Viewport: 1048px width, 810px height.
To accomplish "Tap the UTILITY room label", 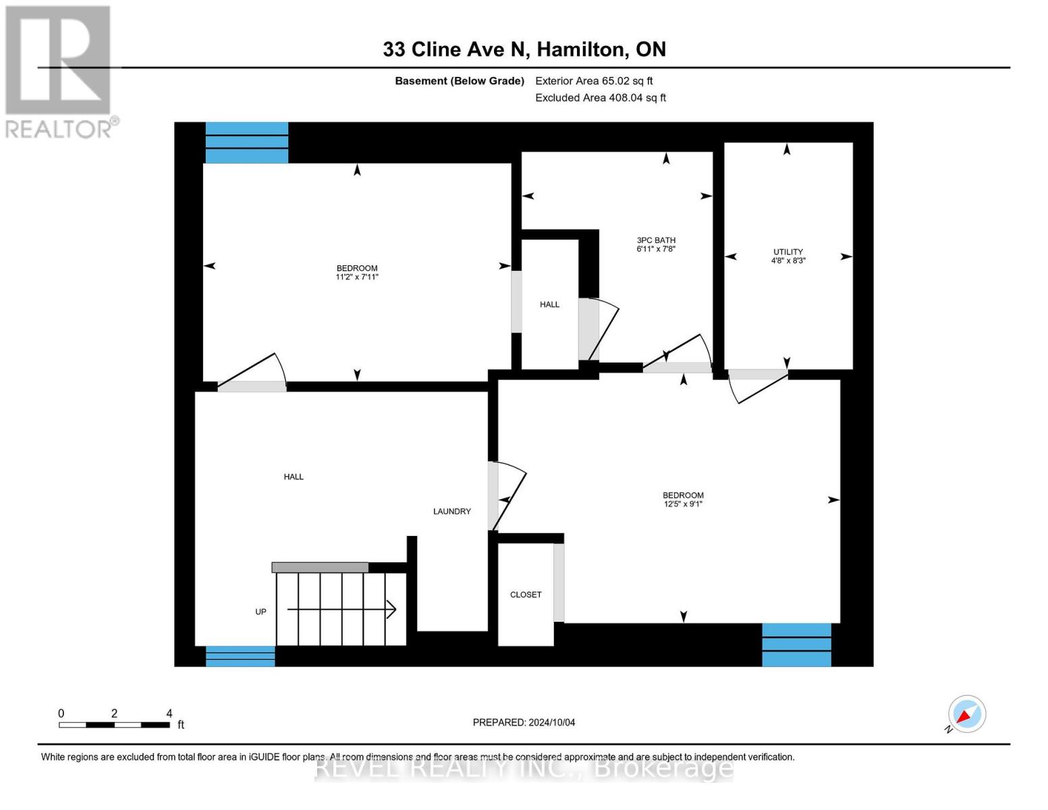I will coord(788,252).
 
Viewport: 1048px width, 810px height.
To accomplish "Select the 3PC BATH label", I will coord(655,240).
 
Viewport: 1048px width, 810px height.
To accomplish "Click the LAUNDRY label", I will coord(451,512).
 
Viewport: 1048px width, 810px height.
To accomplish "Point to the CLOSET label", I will coord(525,595).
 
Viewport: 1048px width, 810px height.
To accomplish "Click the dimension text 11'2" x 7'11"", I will coord(356,277).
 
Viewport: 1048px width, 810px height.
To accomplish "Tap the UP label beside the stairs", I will coord(260,612).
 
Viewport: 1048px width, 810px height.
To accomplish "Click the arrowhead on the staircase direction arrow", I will coord(391,610).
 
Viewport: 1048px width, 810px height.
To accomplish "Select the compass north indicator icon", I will coord(966,714).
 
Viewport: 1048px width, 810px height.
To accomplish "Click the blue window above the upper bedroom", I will coord(246,142).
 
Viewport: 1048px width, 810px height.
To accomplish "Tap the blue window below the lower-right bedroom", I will coord(796,645).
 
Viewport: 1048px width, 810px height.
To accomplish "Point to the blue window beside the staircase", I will coord(240,656).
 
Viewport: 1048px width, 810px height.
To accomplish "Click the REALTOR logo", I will coord(59,71).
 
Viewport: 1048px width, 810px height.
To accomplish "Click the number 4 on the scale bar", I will coord(169,713).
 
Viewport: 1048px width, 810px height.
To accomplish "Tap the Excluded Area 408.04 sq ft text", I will coord(600,98).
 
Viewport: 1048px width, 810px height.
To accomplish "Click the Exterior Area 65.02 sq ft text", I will coord(593,81).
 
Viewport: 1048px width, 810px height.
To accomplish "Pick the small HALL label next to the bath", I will coord(549,304).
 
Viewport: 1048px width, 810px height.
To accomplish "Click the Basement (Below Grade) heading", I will coord(459,81).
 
